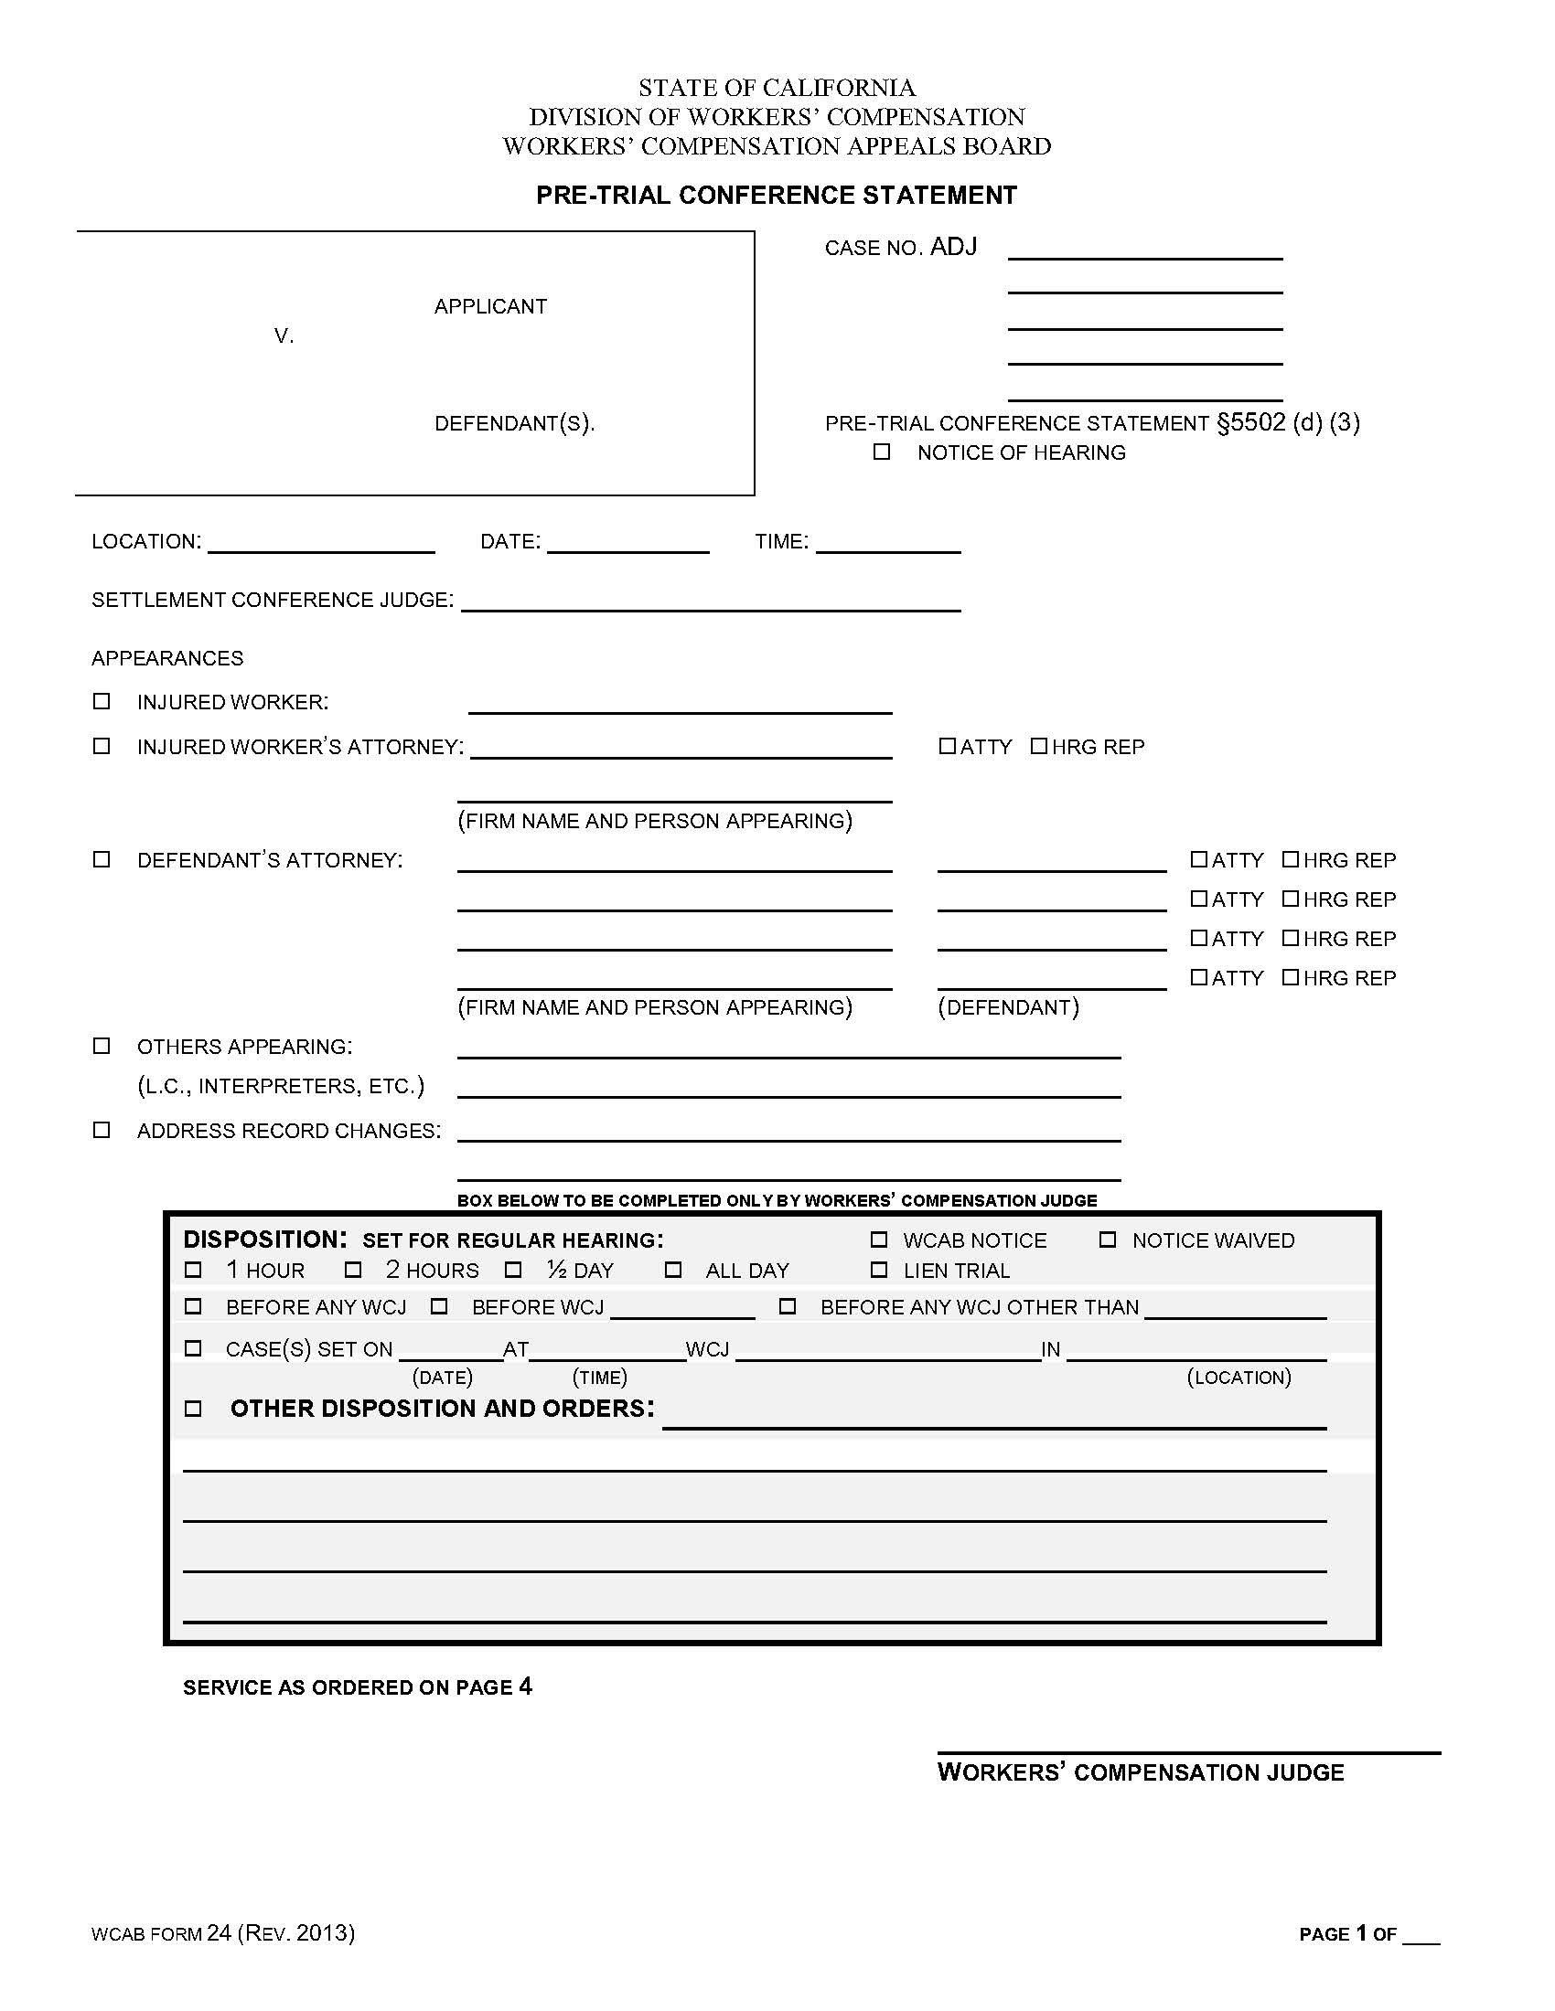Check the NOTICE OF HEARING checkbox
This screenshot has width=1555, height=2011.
882,452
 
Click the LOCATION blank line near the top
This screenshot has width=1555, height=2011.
320,543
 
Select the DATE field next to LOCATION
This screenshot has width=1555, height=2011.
627,543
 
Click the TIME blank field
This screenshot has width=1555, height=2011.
888,543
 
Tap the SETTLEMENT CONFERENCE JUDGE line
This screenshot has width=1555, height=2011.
710,602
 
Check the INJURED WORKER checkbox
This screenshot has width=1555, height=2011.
102,702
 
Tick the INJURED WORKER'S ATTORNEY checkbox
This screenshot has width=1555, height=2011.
102,746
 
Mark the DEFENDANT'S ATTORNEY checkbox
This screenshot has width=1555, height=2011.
102,859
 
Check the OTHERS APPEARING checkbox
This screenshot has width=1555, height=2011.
102,1046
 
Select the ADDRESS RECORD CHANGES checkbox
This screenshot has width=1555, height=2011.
102,1130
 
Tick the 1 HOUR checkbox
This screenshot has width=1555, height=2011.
192,1270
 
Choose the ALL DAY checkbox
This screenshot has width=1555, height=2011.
673,1270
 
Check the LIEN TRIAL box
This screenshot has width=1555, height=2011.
879,1270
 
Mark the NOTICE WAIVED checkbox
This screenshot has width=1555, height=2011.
1108,1240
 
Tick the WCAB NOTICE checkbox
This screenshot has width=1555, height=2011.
879,1240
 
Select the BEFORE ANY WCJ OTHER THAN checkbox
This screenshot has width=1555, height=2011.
788,1306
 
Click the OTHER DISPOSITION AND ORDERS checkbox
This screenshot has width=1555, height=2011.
192,1408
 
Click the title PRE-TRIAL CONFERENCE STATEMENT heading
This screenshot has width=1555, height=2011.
777,196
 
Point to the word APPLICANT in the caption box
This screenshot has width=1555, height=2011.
490,306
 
